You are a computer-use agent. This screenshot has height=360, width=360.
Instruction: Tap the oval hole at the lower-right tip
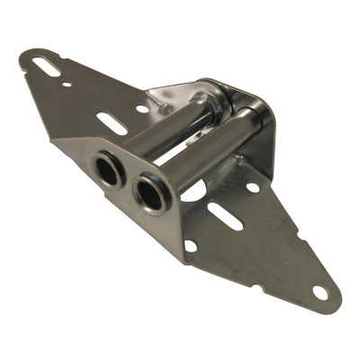pos(319,292)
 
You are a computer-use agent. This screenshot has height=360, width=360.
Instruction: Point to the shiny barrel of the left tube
pos(162,135)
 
